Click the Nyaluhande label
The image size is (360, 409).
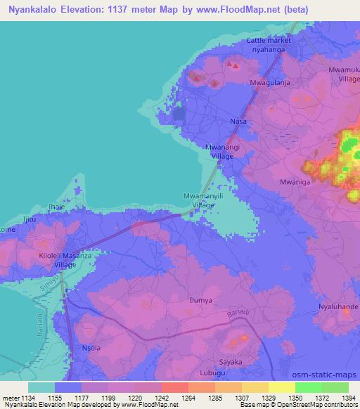338,308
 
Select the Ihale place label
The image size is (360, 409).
56,207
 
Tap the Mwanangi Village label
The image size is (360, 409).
222,150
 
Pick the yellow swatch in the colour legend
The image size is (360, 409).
281,387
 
